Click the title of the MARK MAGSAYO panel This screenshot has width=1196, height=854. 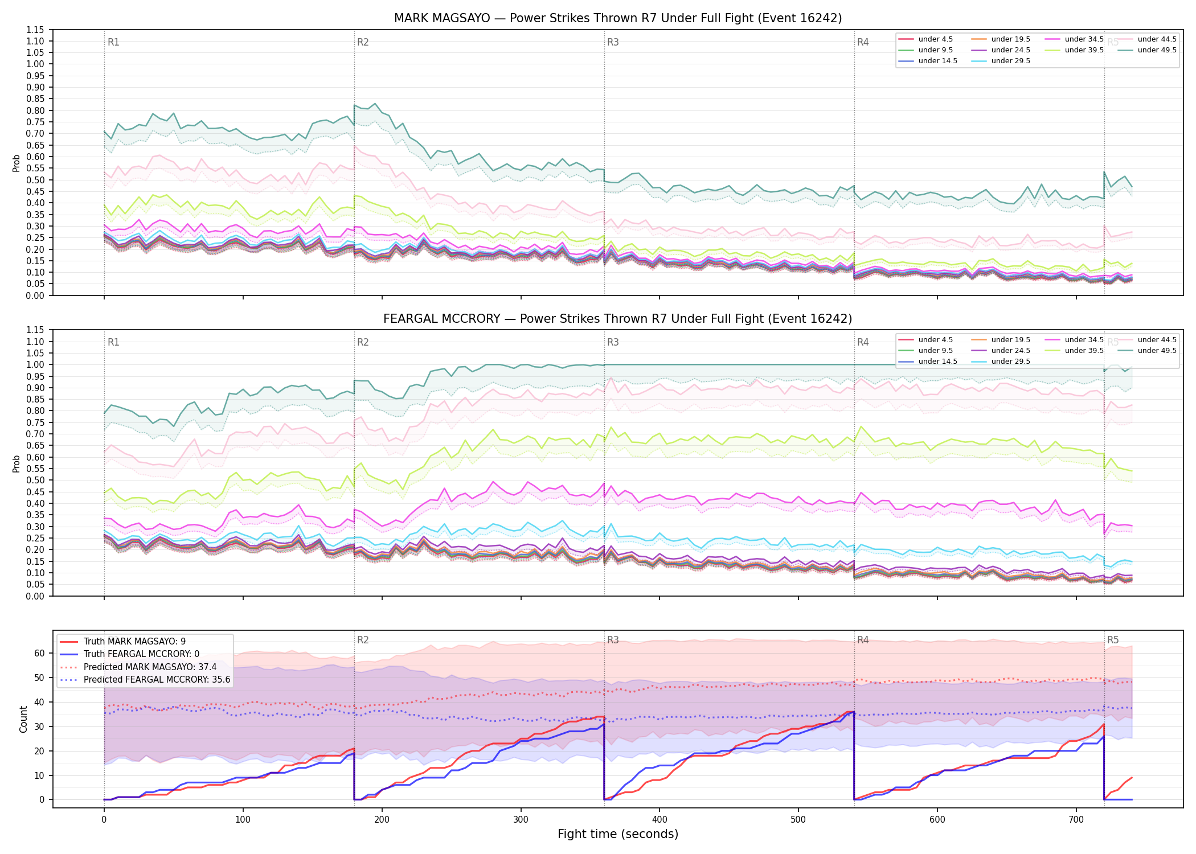coord(618,18)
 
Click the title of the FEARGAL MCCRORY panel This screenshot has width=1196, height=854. coord(618,319)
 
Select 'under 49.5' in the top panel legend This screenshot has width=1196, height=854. coord(1157,50)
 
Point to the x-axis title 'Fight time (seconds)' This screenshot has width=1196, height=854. coord(618,834)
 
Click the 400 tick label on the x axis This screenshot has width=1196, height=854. coord(660,820)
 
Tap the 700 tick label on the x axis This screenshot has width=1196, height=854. coord(1076,820)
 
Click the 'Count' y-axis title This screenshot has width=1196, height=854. coord(23,720)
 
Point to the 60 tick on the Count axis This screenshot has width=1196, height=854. coord(39,654)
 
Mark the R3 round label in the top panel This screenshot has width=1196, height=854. coord(613,42)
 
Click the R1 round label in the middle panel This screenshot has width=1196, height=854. coord(113,342)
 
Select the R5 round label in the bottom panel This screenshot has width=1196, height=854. coord(1113,640)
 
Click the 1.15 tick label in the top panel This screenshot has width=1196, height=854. coord(35,30)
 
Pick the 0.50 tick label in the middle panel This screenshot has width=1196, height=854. coord(35,480)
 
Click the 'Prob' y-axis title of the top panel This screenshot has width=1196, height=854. coord(16,163)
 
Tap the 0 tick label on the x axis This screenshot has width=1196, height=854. coord(104,820)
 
